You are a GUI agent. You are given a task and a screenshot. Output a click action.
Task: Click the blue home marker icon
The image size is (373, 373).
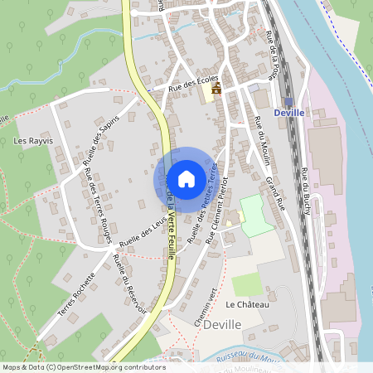pos(186,179)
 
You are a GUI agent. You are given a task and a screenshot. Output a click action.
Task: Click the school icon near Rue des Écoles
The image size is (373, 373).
pos(216,88)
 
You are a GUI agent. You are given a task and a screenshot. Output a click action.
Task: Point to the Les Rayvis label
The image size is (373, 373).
pos(34,141)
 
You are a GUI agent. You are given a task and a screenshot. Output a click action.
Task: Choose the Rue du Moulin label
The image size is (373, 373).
pos(263,141)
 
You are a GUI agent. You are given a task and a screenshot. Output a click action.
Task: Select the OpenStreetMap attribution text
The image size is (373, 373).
pos(83,367)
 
